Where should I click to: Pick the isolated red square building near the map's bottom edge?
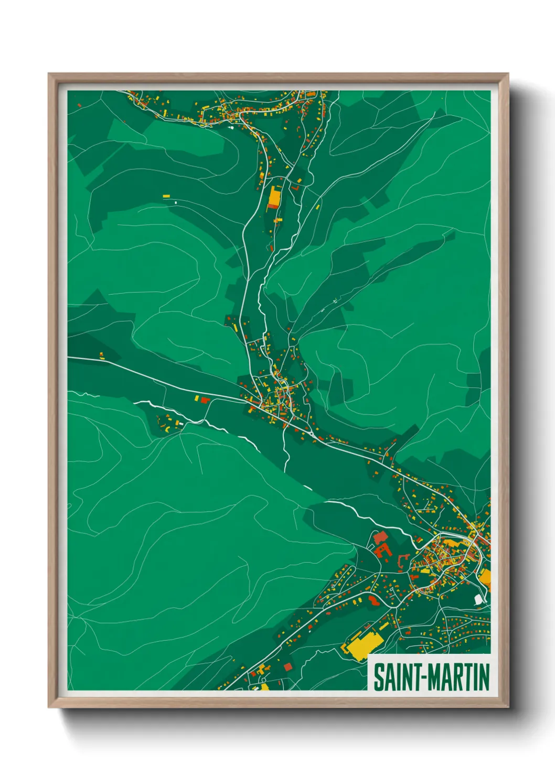tap(287, 666)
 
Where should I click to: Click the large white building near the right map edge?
tap(478, 599)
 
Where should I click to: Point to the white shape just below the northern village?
tap(231, 126)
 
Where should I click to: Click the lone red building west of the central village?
tap(205, 400)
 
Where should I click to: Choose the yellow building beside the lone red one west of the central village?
tap(197, 398)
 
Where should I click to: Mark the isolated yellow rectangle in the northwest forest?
tap(166, 196)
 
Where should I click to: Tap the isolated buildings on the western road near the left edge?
tap(102, 357)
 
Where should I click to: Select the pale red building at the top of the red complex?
tap(380, 537)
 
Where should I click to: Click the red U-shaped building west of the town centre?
tap(385, 551)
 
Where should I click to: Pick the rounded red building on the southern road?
tap(373, 599)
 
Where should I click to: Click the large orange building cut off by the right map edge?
tap(485, 577)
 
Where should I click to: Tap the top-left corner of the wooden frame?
tap(49, 74)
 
